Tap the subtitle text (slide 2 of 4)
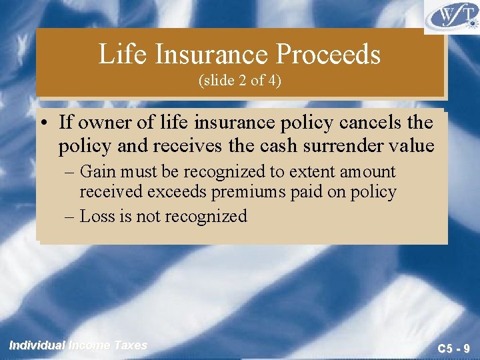[x=240, y=81]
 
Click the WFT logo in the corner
[x=451, y=17]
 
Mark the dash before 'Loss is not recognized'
[x=71, y=216]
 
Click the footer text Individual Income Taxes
[x=77, y=345]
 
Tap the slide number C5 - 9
[x=453, y=347]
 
